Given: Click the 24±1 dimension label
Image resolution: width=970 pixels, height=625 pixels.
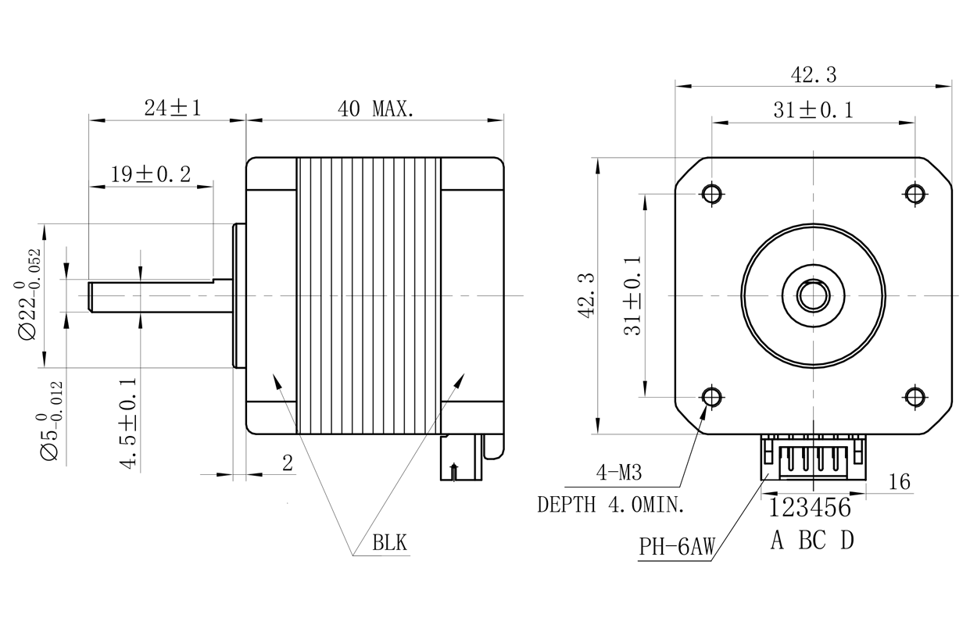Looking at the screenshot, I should [x=172, y=109].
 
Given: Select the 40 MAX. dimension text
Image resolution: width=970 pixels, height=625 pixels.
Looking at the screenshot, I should [x=375, y=109].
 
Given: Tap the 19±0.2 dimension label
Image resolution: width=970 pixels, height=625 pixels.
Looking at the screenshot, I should [x=151, y=174].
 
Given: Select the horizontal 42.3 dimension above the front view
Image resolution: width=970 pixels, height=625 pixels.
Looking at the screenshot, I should [x=814, y=75].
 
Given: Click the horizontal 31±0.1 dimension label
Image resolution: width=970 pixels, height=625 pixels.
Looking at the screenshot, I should [x=814, y=111].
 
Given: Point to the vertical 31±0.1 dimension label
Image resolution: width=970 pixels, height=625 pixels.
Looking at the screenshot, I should [x=632, y=296].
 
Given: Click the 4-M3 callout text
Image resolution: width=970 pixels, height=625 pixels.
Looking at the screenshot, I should [x=619, y=473].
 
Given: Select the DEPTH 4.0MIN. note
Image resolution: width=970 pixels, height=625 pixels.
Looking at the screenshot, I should [x=611, y=505].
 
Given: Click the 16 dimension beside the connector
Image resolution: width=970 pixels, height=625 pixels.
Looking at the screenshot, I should [x=900, y=482].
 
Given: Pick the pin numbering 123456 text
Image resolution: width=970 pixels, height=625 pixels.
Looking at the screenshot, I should [x=810, y=509].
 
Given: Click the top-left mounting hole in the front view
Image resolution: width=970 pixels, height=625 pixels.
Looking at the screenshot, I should [x=712, y=193].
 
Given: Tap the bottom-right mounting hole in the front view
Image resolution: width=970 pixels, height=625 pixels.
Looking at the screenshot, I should [x=916, y=397].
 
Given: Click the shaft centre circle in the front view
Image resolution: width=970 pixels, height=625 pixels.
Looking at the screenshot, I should [x=814, y=295].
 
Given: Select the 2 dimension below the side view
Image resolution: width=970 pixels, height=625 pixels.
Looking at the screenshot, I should [x=287, y=463].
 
